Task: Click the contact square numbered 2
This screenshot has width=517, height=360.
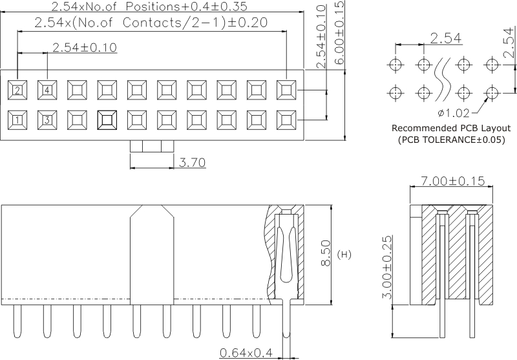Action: click(18, 89)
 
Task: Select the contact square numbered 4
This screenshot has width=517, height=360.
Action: click(47, 89)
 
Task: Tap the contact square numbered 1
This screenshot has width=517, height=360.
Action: click(18, 119)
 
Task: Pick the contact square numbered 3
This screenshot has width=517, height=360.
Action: click(47, 119)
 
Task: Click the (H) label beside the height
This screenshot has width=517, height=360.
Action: click(344, 255)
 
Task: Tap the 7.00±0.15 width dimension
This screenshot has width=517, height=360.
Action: click(452, 182)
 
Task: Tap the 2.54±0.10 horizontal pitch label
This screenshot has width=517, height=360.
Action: click(84, 47)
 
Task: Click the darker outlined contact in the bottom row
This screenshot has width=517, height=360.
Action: click(107, 119)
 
